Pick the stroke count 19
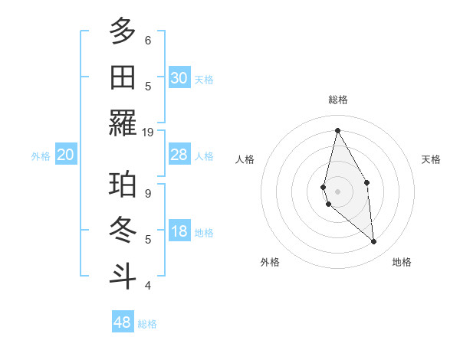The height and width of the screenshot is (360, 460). pos(148,132)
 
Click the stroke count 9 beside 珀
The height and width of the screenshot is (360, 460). pos(148,194)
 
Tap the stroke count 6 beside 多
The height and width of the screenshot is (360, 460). pos(148,40)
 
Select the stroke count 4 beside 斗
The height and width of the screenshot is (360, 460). pos(148,286)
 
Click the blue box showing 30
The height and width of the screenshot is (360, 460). pos(179,78)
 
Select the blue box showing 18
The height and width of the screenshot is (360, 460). pos(179,232)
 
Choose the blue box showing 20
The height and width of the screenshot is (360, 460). pos(66,155)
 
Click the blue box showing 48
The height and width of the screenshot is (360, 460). pos(122,322)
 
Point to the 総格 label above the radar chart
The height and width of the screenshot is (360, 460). pos(337,100)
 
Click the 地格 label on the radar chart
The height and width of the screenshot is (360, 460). pos(402,262)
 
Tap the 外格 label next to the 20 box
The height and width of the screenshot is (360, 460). pos(41,156)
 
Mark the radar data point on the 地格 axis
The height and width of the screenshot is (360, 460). pos(373,242)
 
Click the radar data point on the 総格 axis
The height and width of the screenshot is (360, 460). pos(337,130)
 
